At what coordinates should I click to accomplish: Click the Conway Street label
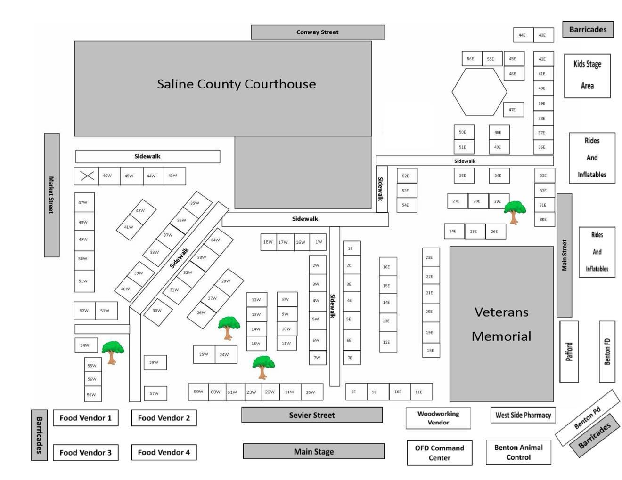[x=317, y=32]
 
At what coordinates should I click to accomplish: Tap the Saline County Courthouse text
[x=236, y=84]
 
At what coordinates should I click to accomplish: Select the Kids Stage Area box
[x=587, y=75]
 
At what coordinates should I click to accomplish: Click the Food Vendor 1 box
[x=85, y=418]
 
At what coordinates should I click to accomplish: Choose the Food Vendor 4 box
[x=164, y=452]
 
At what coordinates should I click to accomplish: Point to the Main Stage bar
[x=313, y=451]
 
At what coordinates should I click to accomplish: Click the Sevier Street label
[x=311, y=415]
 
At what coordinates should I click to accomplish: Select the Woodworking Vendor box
[x=438, y=418]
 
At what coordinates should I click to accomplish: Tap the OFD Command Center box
[x=439, y=453]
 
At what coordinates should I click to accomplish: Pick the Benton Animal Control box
[x=518, y=452]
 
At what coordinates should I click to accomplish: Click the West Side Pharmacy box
[x=523, y=415]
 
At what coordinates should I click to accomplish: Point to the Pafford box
[x=569, y=352]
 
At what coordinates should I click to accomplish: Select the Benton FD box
[x=607, y=352]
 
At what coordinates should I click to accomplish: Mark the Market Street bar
[x=51, y=195]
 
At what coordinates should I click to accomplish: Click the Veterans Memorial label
[x=501, y=324]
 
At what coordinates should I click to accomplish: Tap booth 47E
[x=513, y=110]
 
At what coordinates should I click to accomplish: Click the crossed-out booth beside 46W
[x=87, y=176]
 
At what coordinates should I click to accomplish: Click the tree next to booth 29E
[x=514, y=211]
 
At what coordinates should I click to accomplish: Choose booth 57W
[x=155, y=393]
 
